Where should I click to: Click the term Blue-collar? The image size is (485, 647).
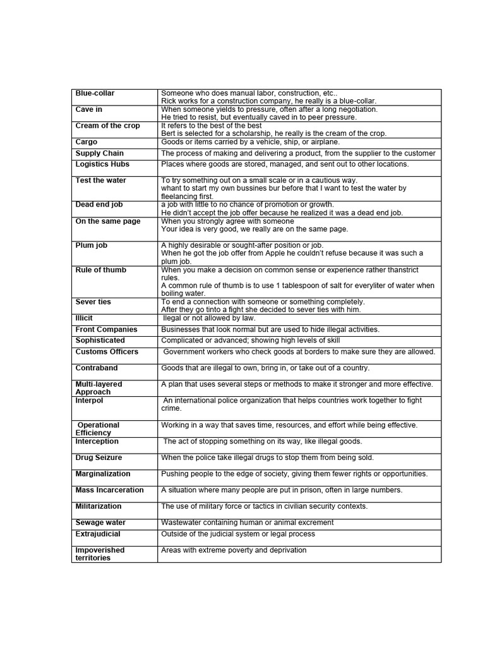click(95, 94)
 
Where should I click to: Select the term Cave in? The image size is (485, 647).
click(89, 109)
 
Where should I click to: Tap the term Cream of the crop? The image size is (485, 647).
click(107, 126)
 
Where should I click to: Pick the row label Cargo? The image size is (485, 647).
click(87, 142)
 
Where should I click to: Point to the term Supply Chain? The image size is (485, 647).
click(100, 154)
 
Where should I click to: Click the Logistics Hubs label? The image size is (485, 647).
click(102, 164)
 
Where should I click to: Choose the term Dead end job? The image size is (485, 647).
click(99, 205)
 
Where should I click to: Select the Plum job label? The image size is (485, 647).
click(92, 245)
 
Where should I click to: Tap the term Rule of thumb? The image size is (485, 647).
click(101, 270)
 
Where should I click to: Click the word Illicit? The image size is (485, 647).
click(84, 318)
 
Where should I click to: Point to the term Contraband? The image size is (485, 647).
click(97, 368)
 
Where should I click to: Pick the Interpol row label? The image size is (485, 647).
click(89, 400)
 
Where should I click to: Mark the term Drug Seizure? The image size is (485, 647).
click(99, 457)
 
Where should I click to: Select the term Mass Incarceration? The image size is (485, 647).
click(109, 490)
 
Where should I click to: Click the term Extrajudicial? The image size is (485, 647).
click(98, 534)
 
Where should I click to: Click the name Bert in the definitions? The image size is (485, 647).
click(169, 133)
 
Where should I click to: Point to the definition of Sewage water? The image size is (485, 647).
click(247, 523)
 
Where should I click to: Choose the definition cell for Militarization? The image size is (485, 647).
click(264, 506)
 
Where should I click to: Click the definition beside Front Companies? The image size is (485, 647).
click(270, 329)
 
